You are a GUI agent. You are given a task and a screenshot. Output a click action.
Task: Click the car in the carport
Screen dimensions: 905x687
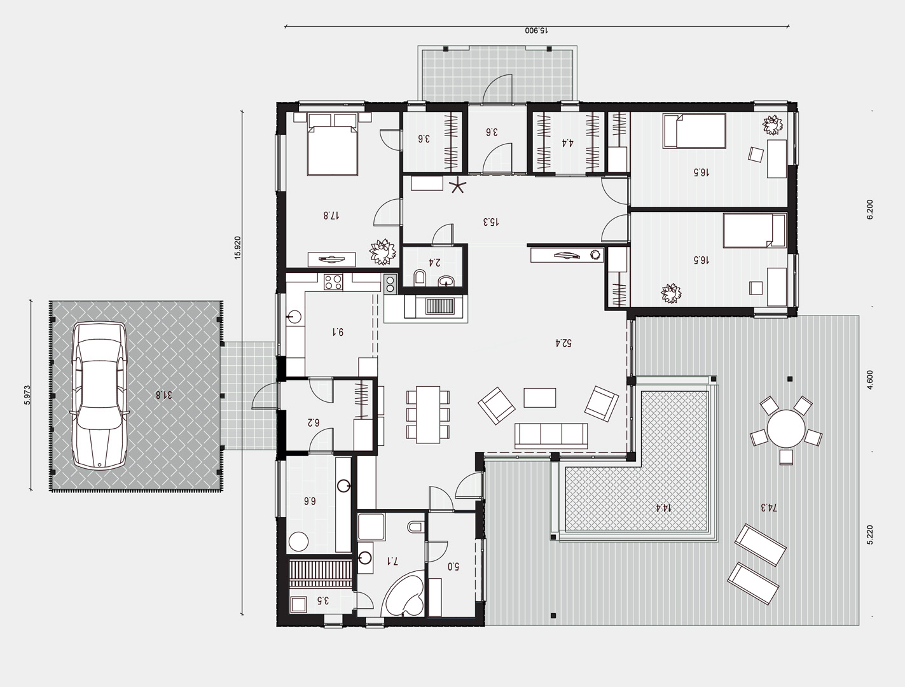point(100,395)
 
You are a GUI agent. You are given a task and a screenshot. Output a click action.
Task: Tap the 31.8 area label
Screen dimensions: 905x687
point(163,395)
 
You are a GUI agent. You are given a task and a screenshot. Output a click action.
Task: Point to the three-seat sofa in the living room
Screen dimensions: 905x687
point(551,436)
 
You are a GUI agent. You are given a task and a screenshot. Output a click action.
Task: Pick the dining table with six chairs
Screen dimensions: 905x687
point(427,415)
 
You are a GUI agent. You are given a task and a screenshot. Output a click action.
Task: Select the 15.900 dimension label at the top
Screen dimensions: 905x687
point(536,31)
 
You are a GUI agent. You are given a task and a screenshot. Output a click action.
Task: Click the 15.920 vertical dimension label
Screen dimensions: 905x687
point(238,247)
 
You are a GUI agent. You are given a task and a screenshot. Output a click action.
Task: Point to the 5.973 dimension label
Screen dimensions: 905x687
point(27,395)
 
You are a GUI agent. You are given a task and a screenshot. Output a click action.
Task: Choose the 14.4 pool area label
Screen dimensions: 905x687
point(663,508)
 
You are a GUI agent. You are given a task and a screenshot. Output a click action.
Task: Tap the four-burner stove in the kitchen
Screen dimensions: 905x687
point(333,282)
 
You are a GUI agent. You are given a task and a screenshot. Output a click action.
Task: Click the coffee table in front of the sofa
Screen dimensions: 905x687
point(540,398)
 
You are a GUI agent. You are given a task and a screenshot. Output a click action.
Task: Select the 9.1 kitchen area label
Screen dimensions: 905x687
point(338,331)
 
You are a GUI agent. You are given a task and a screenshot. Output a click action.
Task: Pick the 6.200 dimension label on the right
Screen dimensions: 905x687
point(870,210)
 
